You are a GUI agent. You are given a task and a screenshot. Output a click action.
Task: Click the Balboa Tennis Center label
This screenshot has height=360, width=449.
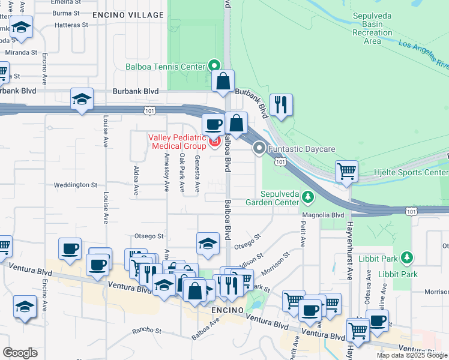click(x=165, y=67)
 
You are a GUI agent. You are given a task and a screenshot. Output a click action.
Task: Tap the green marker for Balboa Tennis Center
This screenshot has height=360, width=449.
click(x=214, y=65)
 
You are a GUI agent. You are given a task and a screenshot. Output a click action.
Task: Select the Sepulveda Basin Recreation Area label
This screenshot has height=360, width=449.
click(x=372, y=28)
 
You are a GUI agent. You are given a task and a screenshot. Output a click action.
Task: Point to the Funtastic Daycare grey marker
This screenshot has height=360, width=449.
click(x=260, y=148)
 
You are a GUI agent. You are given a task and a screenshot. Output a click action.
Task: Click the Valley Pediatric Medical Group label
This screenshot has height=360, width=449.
click(x=177, y=142)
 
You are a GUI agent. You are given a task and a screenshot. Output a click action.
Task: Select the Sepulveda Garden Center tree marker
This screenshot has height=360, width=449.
click(x=307, y=197)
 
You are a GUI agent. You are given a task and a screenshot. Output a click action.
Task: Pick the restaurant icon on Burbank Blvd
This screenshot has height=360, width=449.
click(x=281, y=105)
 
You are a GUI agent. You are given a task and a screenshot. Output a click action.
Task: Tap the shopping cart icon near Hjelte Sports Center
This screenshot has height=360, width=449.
click(x=347, y=171)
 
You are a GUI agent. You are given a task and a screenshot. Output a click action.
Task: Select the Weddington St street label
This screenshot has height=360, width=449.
click(x=77, y=185)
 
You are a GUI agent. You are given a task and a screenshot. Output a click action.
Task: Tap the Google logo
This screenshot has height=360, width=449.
click(x=20, y=353)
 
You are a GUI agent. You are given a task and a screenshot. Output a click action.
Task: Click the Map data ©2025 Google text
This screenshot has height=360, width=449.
click(x=411, y=355)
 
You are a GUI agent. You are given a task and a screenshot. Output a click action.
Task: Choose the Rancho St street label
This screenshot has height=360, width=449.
click(x=146, y=331)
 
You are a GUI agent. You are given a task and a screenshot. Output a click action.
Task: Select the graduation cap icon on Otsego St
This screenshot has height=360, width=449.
click(x=208, y=244)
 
